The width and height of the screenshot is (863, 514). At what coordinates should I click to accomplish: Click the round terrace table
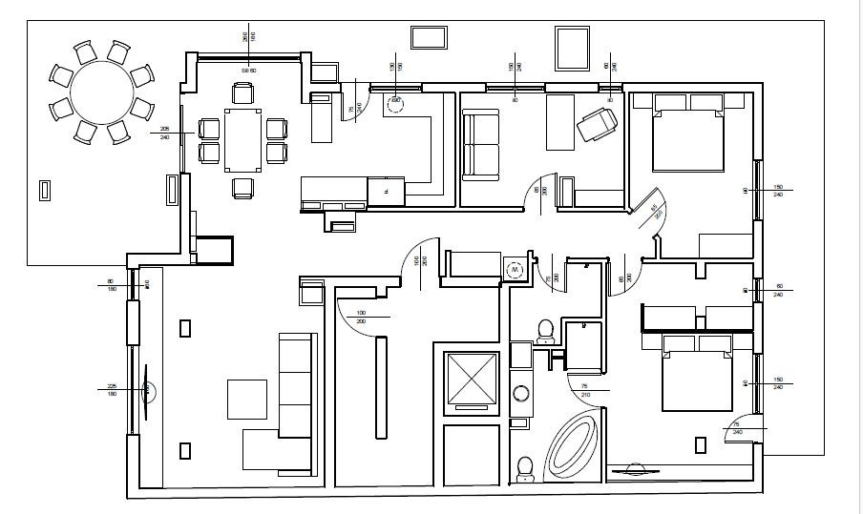[x=101, y=93]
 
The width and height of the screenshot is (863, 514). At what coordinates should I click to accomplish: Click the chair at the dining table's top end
[x=242, y=93]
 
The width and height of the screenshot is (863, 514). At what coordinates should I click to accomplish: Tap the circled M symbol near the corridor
[x=516, y=271]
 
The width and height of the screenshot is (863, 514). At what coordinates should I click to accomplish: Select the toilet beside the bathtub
[x=524, y=467]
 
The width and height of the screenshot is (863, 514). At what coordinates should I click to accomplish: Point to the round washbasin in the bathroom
[x=521, y=392]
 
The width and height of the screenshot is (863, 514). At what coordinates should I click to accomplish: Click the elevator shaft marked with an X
[x=472, y=380]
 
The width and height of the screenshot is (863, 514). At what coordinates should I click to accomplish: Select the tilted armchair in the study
[x=597, y=123]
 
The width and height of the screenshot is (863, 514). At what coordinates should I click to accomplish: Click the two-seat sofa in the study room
[x=479, y=145]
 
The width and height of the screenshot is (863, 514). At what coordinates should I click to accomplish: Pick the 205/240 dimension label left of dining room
[x=165, y=134]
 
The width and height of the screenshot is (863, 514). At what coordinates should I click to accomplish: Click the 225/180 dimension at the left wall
[x=112, y=389]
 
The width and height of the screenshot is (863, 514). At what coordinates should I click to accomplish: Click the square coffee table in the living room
[x=247, y=399]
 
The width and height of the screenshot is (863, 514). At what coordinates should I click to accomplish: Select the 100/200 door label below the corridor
[x=361, y=317]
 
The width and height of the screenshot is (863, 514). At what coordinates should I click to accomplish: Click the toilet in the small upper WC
[x=545, y=329]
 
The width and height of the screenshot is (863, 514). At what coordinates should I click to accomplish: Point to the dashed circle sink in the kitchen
[x=395, y=100]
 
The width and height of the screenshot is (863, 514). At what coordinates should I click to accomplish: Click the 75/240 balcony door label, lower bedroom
[x=736, y=427]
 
